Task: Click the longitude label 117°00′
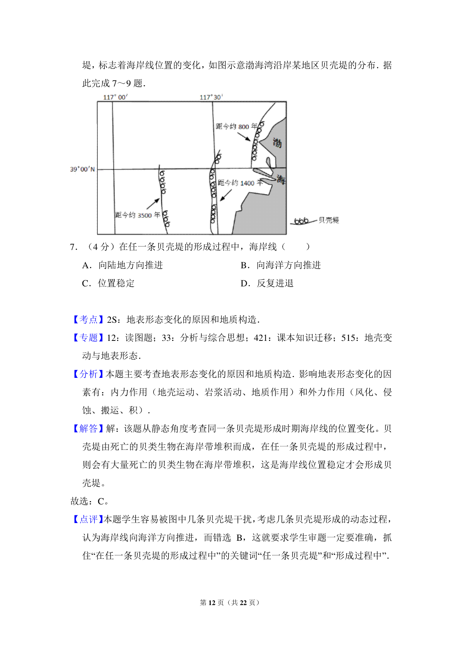click(x=115, y=97)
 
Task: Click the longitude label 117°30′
click(x=211, y=97)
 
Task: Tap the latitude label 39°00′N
click(x=82, y=169)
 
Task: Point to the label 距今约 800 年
click(x=236, y=126)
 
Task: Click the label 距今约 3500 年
click(x=137, y=215)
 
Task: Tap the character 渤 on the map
click(x=277, y=143)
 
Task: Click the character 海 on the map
click(x=281, y=179)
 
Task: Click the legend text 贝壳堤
click(x=329, y=220)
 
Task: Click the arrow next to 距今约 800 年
click(x=244, y=137)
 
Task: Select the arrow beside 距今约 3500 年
click(x=153, y=204)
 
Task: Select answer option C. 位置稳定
click(x=109, y=283)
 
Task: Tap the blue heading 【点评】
click(x=88, y=519)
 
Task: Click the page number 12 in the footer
click(x=212, y=602)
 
